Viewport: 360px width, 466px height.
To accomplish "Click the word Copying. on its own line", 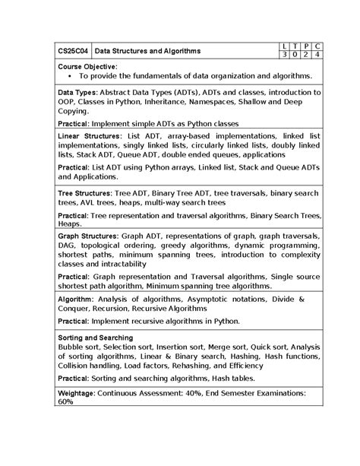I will tap(74, 110).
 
